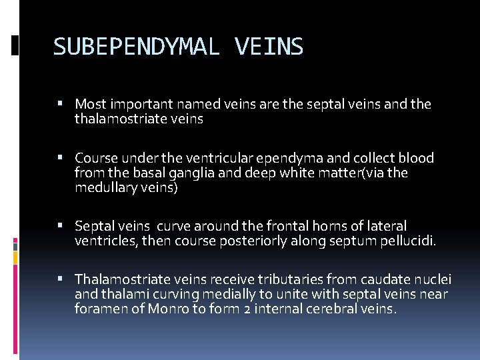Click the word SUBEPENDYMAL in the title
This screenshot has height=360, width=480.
pos(137,47)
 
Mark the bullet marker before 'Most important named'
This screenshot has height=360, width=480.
pos(60,105)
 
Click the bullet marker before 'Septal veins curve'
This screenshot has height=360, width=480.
pos(60,227)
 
